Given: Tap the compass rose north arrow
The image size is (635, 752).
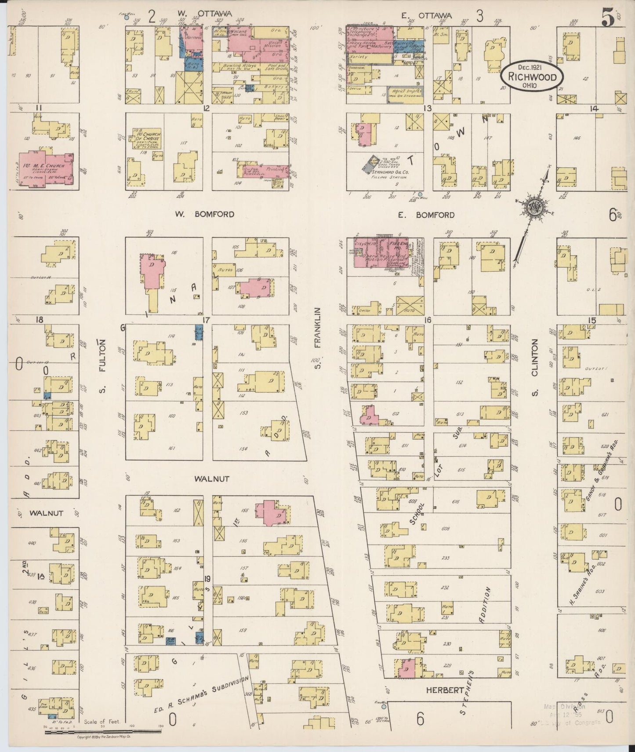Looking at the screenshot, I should tap(534, 207).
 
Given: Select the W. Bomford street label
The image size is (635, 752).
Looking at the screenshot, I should tap(204, 215).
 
